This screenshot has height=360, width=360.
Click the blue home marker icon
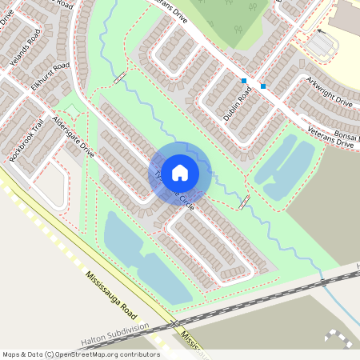click(180, 172)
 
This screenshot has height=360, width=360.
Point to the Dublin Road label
click(238, 103)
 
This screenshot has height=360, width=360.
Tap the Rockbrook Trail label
click(26, 142)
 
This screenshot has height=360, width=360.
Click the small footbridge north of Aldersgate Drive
click(120, 78)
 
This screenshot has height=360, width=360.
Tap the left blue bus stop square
click(243, 81)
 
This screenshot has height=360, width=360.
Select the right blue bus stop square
click(263, 86)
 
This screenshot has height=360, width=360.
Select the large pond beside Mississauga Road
click(144, 260)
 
